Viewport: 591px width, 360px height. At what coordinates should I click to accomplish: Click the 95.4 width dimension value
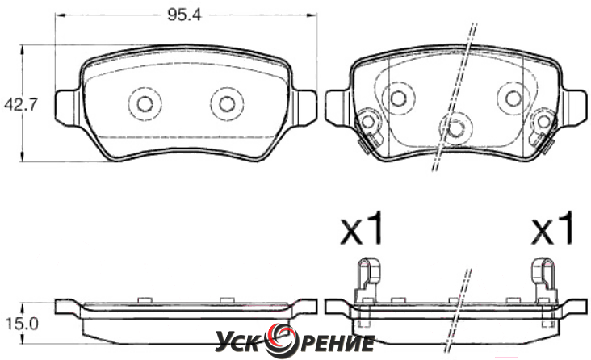pyautogui.click(x=184, y=15)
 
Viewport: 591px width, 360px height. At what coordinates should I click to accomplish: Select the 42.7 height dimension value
pyautogui.click(x=21, y=104)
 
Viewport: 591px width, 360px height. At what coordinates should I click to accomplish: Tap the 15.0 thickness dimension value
pyautogui.click(x=22, y=324)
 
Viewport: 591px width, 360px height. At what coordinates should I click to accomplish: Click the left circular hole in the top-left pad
pyautogui.click(x=145, y=103)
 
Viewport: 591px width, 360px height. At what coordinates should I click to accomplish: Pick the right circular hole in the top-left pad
pyautogui.click(x=227, y=103)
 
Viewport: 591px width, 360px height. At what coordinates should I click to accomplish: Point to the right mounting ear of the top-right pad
pyautogui.click(x=576, y=108)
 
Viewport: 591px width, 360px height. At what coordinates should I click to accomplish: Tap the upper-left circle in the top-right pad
pyautogui.click(x=397, y=98)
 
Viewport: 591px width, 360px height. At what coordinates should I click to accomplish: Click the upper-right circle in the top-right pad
pyautogui.click(x=513, y=98)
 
